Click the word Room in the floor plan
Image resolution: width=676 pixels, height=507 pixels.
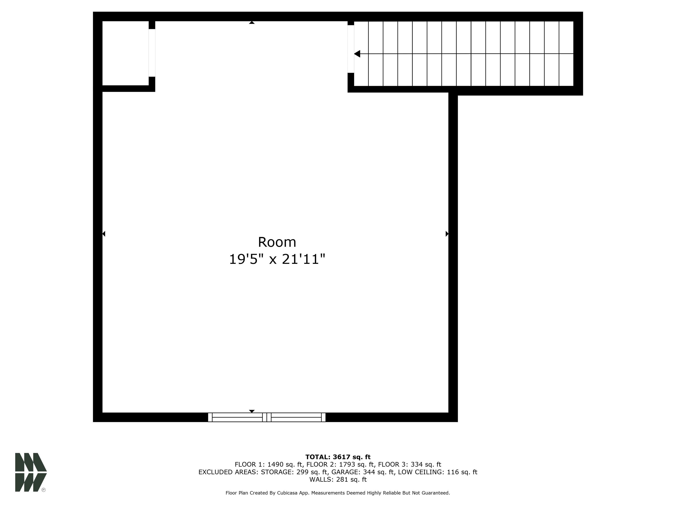click(x=277, y=242)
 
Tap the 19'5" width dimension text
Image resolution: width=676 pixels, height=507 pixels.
click(x=246, y=259)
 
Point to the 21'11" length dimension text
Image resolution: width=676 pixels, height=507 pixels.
click(x=303, y=259)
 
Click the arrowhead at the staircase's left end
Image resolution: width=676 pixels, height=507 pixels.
click(x=357, y=54)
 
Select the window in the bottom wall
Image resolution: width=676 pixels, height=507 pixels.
click(x=266, y=417)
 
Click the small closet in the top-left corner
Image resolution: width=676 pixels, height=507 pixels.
click(x=125, y=53)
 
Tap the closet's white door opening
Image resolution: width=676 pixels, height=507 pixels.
click(x=152, y=53)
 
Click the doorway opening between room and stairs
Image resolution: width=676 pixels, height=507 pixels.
click(x=351, y=49)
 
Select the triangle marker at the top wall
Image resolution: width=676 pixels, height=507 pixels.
click(x=252, y=23)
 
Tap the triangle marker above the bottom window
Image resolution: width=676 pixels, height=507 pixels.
click(x=252, y=411)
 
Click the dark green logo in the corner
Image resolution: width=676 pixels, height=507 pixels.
click(x=31, y=472)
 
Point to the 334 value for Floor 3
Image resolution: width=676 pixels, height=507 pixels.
click(x=417, y=465)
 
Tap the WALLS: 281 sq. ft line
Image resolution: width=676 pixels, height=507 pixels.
click(x=338, y=479)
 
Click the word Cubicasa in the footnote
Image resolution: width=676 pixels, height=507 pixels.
click(x=288, y=493)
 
